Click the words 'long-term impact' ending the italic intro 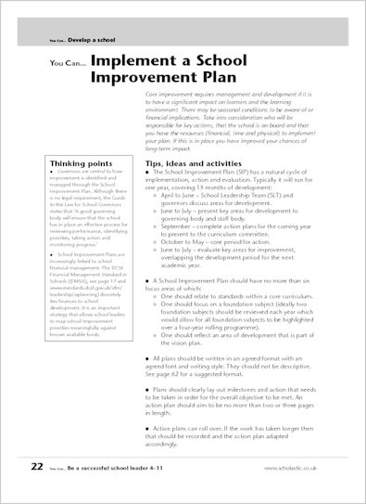point(175,148)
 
